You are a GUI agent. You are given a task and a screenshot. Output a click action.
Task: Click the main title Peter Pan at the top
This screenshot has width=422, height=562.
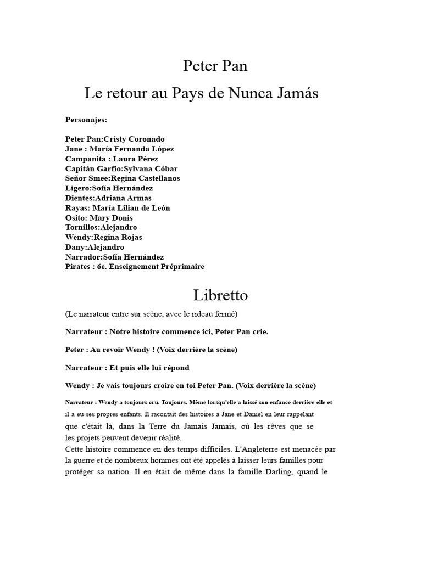215,66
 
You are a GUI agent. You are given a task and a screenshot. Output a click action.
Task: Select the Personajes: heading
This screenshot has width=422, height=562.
86,119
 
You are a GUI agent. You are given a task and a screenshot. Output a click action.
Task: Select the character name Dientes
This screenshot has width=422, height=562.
79,198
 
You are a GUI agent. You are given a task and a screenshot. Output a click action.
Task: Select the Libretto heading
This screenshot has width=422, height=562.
220,295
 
